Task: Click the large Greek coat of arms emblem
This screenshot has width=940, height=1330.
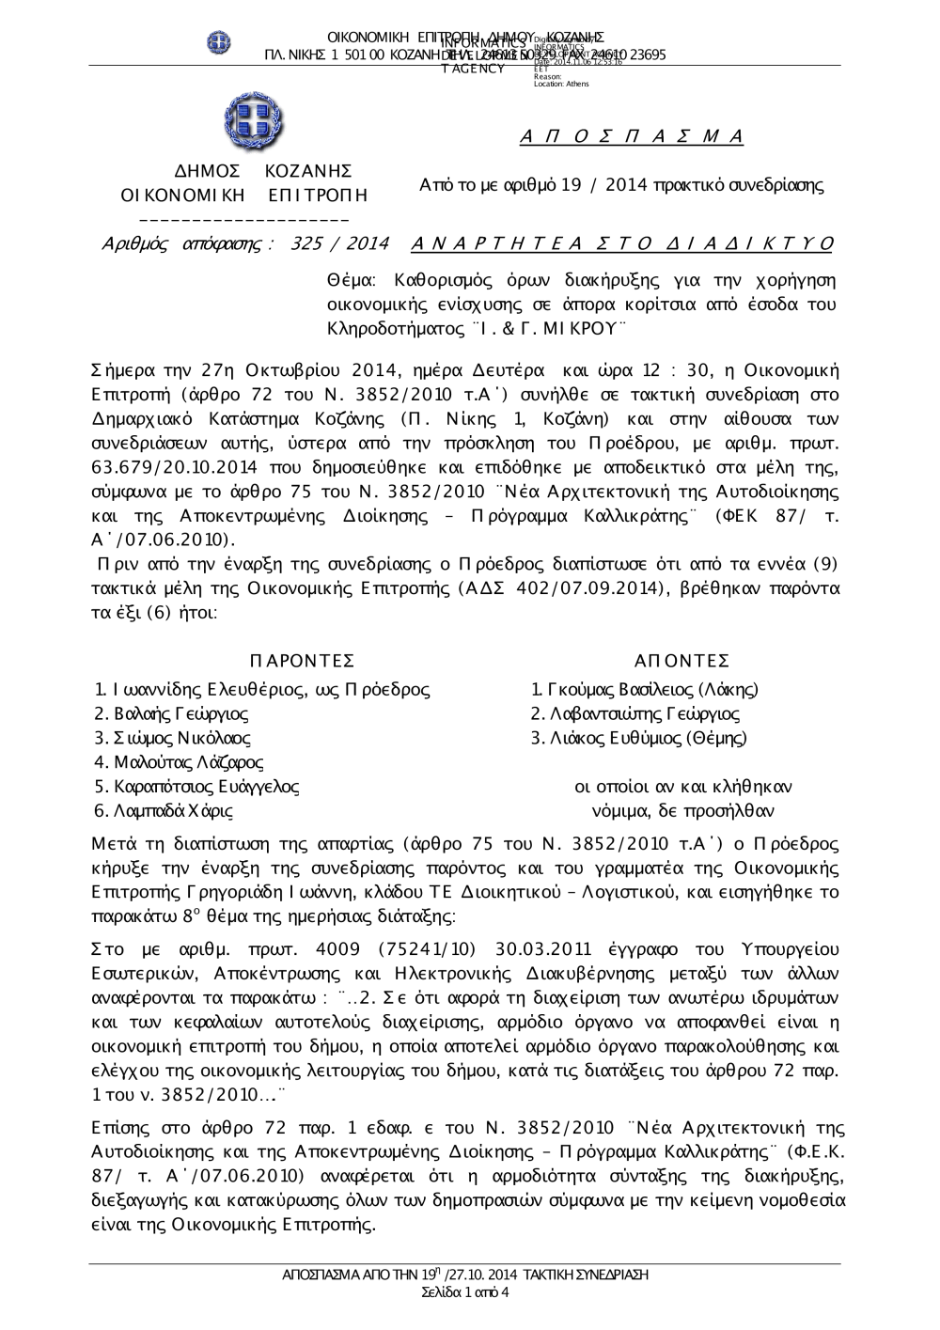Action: click(254, 122)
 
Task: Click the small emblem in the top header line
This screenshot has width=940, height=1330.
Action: click(219, 42)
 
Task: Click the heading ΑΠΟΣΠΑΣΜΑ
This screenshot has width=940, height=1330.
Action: click(631, 137)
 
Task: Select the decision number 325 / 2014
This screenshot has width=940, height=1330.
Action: click(340, 243)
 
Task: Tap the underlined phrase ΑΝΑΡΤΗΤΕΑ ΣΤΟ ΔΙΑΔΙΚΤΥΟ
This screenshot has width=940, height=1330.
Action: click(622, 243)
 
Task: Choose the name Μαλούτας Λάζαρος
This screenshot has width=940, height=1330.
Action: click(179, 762)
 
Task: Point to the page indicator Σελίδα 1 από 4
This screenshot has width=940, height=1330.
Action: click(466, 1292)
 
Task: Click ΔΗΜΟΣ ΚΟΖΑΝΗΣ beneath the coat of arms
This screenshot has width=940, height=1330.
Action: click(264, 171)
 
